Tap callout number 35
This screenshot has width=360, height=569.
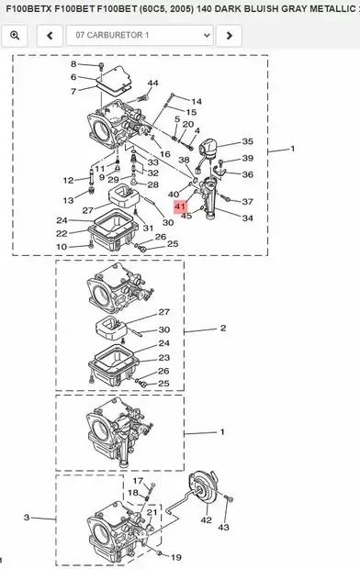coord(247,142)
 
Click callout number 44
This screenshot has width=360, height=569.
coord(152,84)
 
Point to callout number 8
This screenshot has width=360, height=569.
coord(75,64)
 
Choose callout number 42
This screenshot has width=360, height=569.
coord(206,519)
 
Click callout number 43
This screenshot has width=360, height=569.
coord(224,528)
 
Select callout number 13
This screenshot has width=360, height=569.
coord(67,200)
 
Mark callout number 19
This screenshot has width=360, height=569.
coord(175,557)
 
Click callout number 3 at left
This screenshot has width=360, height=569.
coord(27,519)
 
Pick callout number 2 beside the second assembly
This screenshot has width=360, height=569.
coord(222,328)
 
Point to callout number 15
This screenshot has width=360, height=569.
coord(191,111)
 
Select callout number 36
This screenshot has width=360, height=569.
coord(247,174)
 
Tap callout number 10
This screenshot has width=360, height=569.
coord(61,247)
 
